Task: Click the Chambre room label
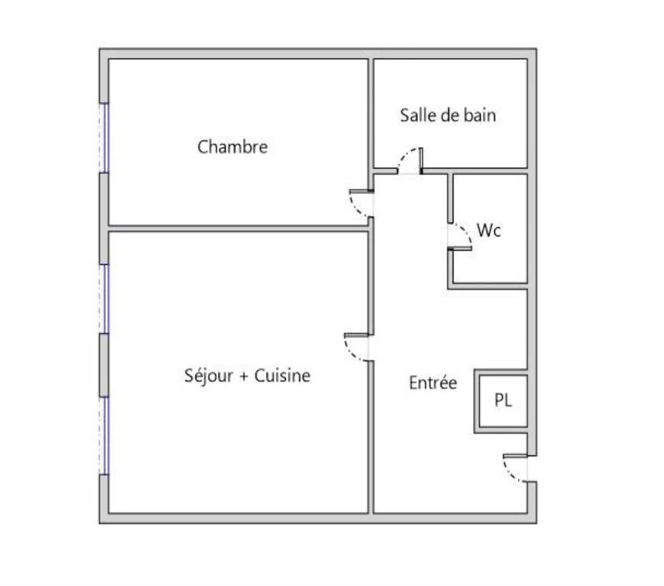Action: click(x=232, y=147)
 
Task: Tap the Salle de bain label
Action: click(x=448, y=116)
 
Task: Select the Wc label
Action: click(x=489, y=230)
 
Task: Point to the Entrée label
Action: click(x=433, y=383)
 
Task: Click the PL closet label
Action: click(x=503, y=399)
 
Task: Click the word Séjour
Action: click(x=209, y=376)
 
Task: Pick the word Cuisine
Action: click(x=282, y=375)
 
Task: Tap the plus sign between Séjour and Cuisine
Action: click(x=244, y=377)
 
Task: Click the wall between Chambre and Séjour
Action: click(x=238, y=228)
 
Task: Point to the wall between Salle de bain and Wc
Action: click(x=475, y=171)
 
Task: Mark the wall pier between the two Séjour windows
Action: click(x=104, y=365)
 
